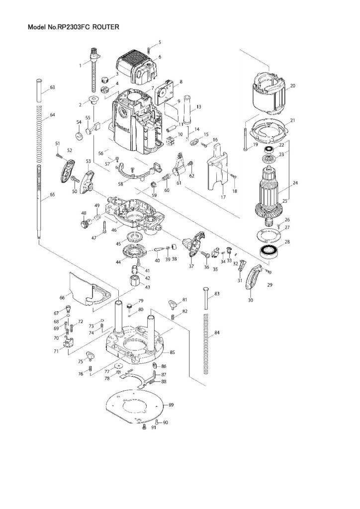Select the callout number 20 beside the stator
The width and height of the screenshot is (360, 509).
[x=292, y=86]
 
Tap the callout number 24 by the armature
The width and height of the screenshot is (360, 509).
[x=295, y=183]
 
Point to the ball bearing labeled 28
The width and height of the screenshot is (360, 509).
[x=270, y=250]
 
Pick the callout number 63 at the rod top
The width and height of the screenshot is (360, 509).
[x=52, y=88]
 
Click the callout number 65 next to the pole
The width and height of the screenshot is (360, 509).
[x=52, y=195]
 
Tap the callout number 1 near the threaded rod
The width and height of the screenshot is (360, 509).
[x=80, y=66]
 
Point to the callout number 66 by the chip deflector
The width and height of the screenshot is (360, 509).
[x=62, y=297]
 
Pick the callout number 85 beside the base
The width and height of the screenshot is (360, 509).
[x=172, y=352]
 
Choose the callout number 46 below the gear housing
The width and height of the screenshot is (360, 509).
[x=113, y=230]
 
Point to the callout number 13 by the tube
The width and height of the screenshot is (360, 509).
[x=198, y=107]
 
